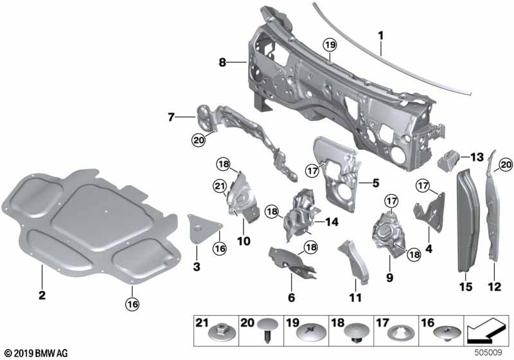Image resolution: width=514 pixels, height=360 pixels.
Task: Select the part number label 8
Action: pos(222,62)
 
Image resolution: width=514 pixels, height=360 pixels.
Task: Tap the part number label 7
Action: pos(172,117)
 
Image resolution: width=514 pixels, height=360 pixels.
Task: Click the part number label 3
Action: pos(197,266)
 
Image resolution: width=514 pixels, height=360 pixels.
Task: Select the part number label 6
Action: pos(291,298)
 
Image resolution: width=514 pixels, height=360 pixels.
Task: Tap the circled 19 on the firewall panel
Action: pos(329,45)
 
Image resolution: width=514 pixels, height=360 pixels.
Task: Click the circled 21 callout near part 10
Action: pos(219,186)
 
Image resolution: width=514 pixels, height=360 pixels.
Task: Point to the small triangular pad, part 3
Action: pos(204,228)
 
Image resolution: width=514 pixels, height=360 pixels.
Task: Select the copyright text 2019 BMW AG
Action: pos(31,353)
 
